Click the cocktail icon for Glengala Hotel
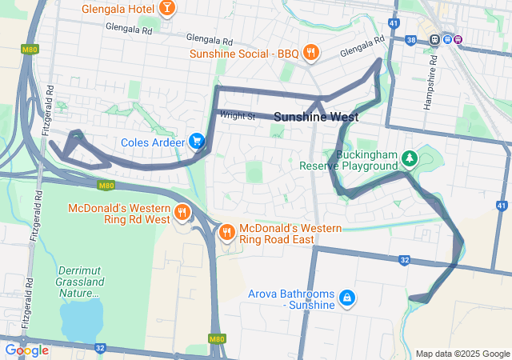coord(167,9)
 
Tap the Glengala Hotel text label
coord(118,10)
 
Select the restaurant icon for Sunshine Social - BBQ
coord(311,54)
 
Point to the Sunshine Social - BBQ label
coord(244,54)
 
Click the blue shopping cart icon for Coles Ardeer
coord(197,142)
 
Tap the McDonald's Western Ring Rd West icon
coord(182,213)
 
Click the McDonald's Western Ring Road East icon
coord(227,232)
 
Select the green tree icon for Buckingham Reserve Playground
coord(410,159)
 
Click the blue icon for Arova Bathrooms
coord(346,298)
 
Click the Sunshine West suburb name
coord(316,117)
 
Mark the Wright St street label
coord(238,116)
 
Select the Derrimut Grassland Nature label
coord(78,282)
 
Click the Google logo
coord(26,350)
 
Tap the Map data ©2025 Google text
coord(462,354)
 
